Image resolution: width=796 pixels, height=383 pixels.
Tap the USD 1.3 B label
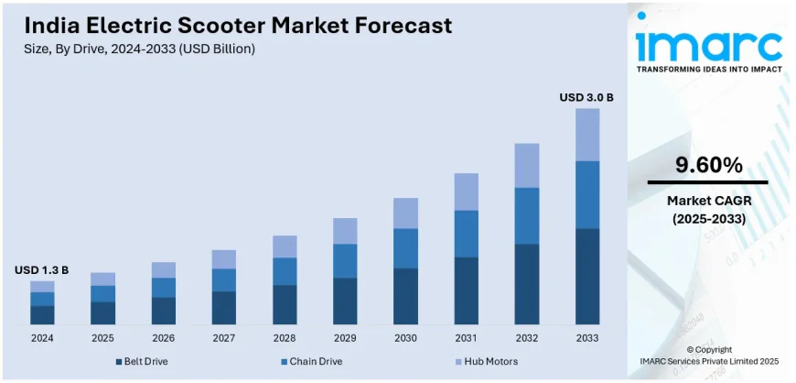41,270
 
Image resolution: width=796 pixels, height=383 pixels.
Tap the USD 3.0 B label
586,97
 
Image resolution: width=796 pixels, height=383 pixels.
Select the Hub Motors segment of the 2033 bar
586,135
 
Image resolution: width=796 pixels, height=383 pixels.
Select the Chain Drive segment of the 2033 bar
586,194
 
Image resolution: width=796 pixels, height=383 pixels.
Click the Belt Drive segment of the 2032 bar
526,284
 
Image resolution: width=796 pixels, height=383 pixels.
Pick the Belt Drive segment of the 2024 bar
42,314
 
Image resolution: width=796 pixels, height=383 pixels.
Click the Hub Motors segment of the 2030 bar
405,213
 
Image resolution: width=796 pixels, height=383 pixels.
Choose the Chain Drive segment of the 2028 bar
285,271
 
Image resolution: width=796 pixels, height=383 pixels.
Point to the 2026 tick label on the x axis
163,338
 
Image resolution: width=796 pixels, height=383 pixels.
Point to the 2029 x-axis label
345,338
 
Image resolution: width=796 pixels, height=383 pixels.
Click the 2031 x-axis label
466,338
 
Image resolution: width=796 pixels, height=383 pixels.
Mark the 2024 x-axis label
42,338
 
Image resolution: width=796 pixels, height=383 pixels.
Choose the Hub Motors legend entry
484,363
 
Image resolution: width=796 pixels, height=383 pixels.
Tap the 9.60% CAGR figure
708,166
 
